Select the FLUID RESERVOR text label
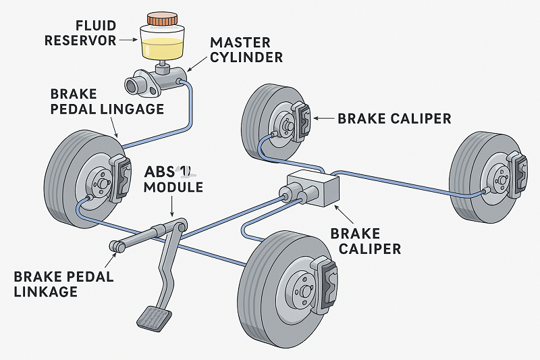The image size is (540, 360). coord(80,33)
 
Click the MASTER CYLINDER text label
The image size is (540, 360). coord(246,49)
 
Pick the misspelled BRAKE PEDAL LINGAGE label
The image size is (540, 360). coord(107,101)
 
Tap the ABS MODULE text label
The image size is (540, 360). coord(173,179)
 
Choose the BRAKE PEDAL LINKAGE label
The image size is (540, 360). coord(63,284)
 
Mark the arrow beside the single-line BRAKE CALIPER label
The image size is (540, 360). coord(323,118)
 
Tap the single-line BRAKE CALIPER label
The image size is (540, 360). coord(394,118)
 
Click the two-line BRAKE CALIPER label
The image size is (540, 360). coord(365,241)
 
